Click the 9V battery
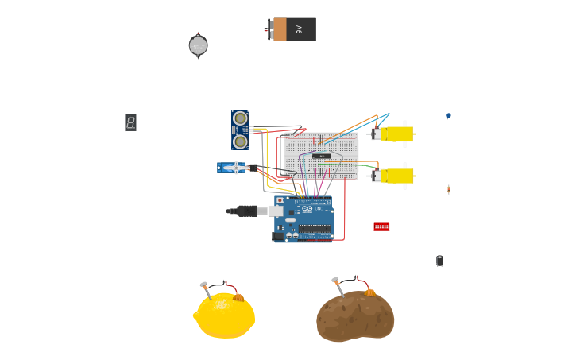[x=292, y=29]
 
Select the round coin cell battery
[x=198, y=46]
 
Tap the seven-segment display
[x=130, y=122]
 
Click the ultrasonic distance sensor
[x=240, y=130]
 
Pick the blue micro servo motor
[x=233, y=168]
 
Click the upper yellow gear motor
[x=395, y=134]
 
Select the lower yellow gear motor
[x=395, y=176]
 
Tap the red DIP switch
[x=381, y=226]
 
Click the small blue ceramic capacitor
[x=448, y=116]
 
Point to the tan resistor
[x=448, y=189]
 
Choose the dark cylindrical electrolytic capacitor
[x=439, y=261]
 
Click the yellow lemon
[x=225, y=316]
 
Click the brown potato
[x=355, y=316]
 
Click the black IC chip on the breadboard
[x=321, y=156]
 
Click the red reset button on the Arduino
[x=280, y=201]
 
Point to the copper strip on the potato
[x=370, y=292]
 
